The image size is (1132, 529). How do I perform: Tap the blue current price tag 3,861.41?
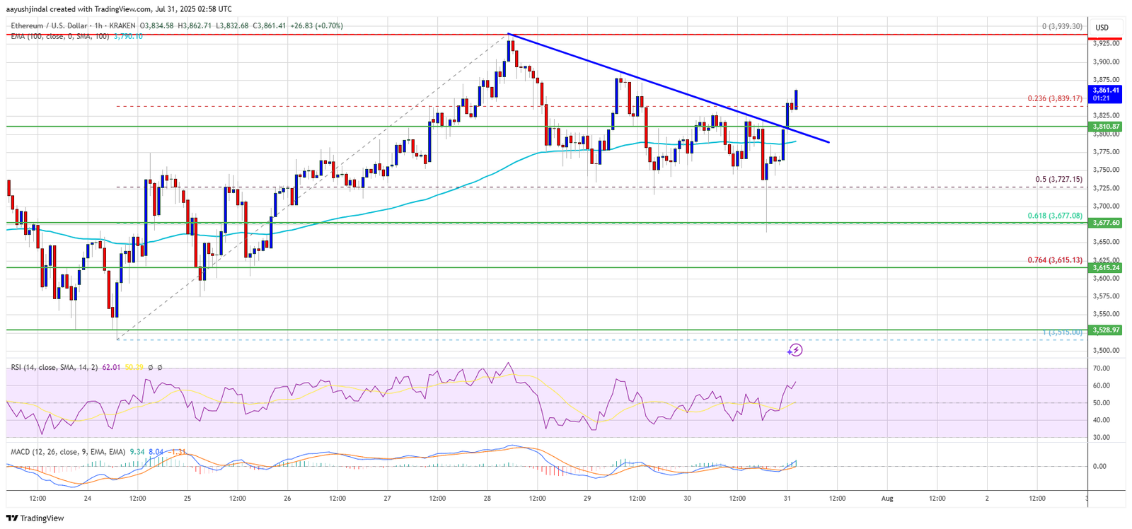(1105, 91)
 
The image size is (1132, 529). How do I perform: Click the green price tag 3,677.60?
(1105, 223)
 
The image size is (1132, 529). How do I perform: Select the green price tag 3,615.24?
(1105, 268)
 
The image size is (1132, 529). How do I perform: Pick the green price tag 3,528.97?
(1105, 330)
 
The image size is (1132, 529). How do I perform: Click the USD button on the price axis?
(1102, 28)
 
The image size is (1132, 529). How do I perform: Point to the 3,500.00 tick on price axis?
(1105, 350)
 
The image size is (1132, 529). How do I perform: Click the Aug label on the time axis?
(887, 499)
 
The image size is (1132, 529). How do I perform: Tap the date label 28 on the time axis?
(487, 499)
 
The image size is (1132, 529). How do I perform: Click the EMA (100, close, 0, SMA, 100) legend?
(59, 36)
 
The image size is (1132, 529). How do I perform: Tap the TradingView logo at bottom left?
(37, 518)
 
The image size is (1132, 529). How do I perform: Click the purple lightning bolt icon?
(795, 350)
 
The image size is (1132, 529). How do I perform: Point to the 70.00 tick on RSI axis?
(1101, 368)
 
